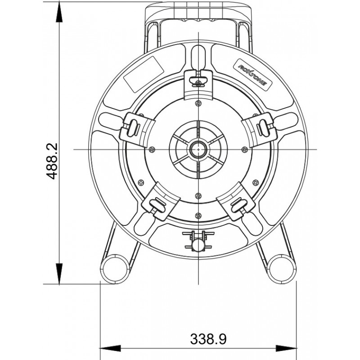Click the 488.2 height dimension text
(53, 162)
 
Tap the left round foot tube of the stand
(114, 269)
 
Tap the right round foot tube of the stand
(282, 269)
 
